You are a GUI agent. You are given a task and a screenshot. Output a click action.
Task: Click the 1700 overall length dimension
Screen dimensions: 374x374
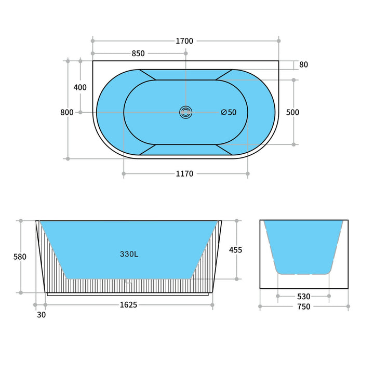(184, 41)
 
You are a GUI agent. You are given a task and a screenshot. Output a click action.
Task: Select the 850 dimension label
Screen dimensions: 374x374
(138, 54)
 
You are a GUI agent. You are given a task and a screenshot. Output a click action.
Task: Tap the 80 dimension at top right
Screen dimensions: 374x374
(303, 65)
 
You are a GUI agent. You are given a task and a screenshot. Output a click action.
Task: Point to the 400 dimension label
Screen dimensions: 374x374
(80, 87)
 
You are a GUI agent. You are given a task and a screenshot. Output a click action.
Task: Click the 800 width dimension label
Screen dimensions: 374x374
(66, 112)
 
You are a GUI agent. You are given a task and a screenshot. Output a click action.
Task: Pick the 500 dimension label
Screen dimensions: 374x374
(293, 112)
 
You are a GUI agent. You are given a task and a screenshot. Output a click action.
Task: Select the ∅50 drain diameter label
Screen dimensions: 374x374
(229, 112)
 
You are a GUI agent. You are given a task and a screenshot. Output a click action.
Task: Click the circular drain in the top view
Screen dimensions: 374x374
(185, 112)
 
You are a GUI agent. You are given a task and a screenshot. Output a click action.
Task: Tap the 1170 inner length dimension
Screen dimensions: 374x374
(184, 174)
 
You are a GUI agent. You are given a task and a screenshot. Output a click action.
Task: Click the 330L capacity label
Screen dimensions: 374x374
(128, 254)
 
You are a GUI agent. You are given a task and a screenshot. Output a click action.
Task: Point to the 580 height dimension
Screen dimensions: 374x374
(20, 257)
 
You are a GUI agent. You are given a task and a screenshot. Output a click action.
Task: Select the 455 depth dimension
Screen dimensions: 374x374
(236, 250)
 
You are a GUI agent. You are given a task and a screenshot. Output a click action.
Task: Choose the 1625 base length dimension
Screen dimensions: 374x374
(128, 305)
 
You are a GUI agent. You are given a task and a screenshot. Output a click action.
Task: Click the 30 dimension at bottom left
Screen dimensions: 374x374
(42, 315)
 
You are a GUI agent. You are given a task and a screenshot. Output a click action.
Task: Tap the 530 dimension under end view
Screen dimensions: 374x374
(303, 297)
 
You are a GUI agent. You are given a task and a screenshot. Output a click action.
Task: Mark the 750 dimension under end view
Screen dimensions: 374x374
(303, 307)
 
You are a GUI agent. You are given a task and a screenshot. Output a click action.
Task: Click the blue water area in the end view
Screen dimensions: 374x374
(303, 244)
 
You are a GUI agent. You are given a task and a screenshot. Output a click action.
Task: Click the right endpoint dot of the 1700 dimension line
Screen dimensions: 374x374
(279, 41)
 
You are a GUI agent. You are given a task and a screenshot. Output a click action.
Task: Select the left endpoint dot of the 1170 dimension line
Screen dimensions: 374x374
(124, 174)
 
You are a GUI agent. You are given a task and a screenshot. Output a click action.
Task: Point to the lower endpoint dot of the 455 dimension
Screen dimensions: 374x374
(237, 279)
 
